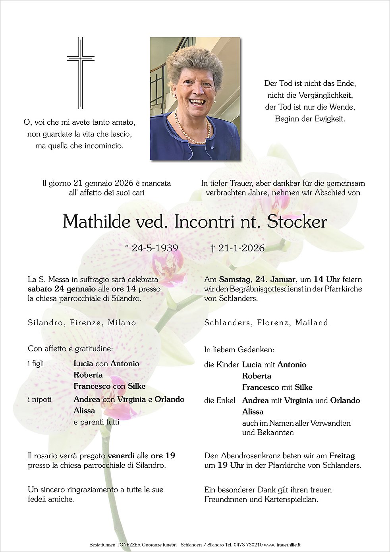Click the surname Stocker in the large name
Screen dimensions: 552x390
pos(297,222)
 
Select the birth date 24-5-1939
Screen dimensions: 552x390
pos(155,248)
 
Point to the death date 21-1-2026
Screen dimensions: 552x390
pos(241,248)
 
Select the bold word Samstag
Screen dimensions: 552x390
pos(235,279)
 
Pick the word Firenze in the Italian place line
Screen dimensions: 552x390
pos(85,322)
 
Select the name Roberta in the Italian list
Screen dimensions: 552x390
pos(88,375)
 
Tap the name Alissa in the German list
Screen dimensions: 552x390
pos(253,412)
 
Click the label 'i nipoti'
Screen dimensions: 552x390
pos(40,400)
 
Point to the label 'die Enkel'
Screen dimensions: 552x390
pos(220,401)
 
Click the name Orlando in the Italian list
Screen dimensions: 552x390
pos(170,400)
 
